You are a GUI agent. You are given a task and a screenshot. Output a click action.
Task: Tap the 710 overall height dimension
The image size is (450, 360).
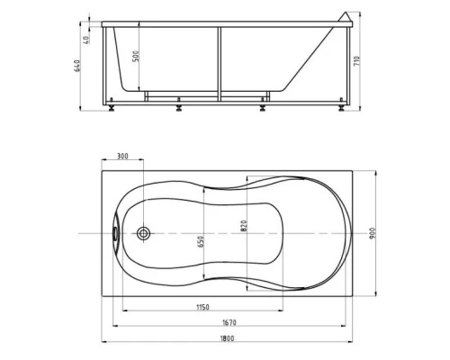360,63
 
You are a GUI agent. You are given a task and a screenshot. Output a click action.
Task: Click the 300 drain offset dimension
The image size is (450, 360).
122,157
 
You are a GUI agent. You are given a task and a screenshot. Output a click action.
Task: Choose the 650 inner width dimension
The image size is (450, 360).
203,240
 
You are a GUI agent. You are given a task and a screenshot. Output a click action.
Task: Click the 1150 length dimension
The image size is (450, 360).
204,307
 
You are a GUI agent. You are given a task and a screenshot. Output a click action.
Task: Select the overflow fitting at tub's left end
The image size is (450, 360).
115,233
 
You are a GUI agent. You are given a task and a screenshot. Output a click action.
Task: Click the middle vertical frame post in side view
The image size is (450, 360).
217,63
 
